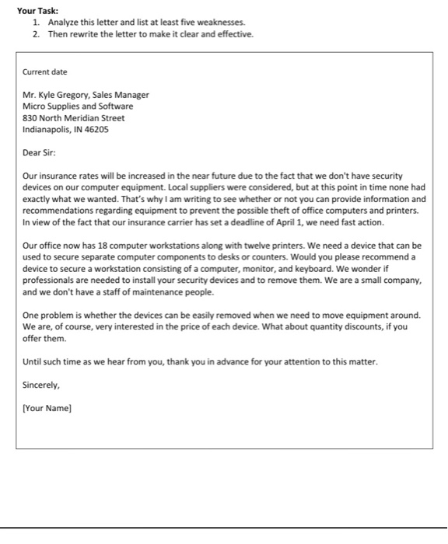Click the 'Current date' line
point(45,71)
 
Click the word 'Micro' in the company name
point(34,106)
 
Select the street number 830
point(30,118)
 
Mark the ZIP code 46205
point(96,130)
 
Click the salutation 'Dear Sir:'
point(40,153)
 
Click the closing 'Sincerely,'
point(41,385)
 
